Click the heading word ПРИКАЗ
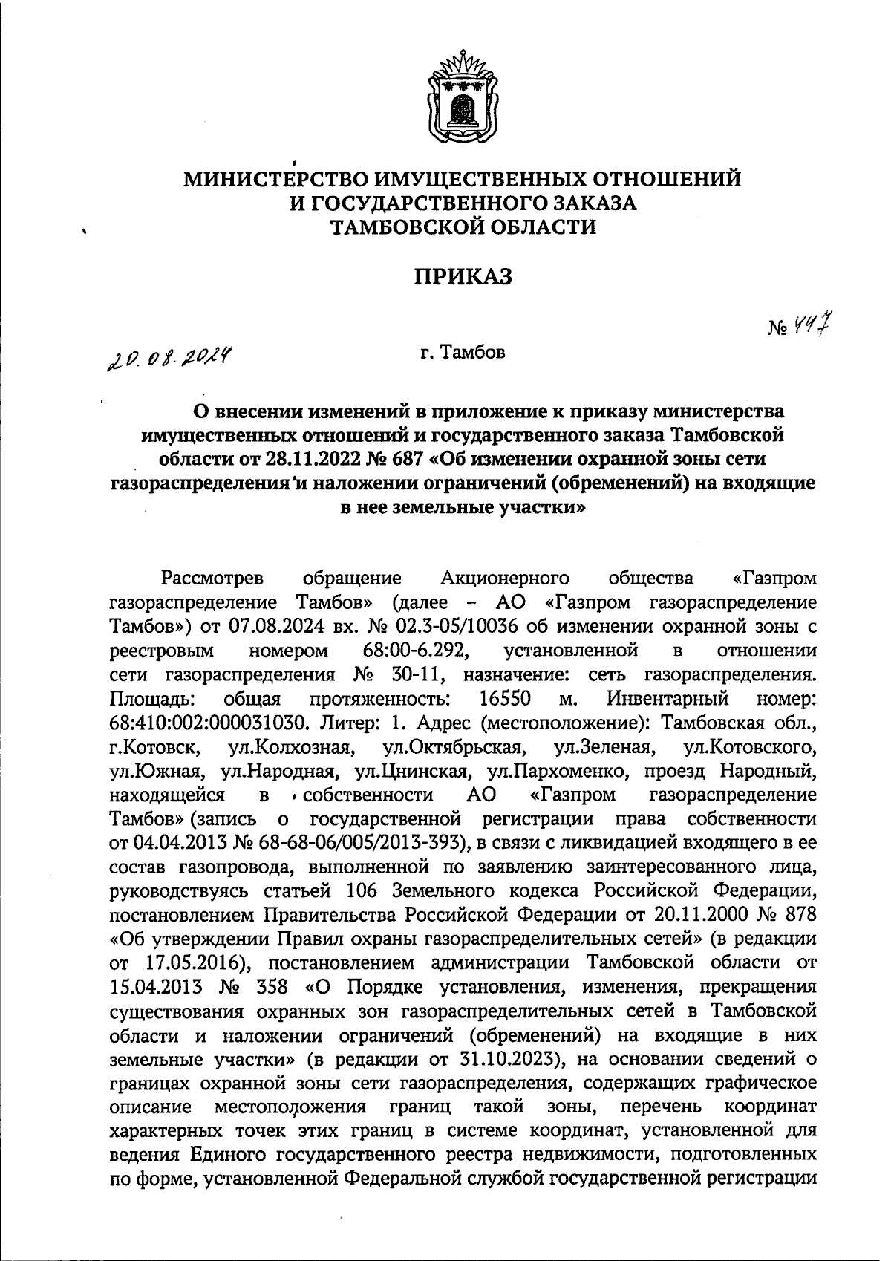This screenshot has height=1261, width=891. [463, 276]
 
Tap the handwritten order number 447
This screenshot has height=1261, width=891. [811, 325]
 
